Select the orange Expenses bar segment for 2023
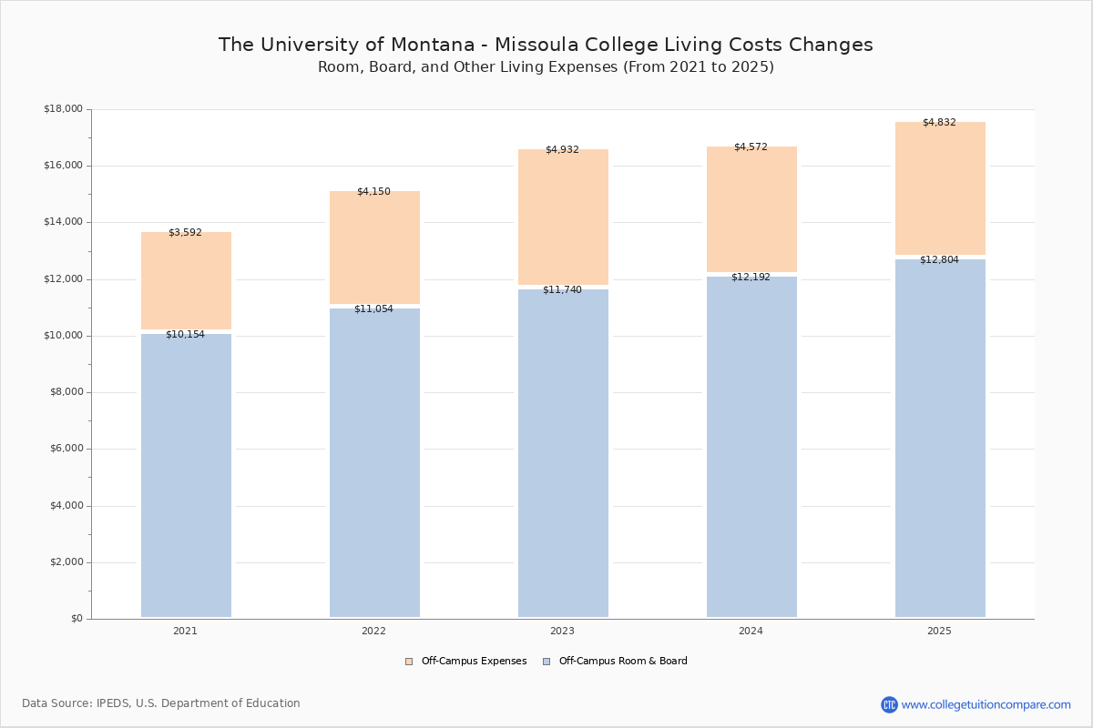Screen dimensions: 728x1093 pyautogui.click(x=563, y=218)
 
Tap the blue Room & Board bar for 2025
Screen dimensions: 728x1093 pyautogui.click(x=940, y=438)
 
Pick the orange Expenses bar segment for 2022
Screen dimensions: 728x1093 pyautogui.click(x=374, y=248)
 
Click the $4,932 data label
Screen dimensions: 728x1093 pyautogui.click(x=562, y=149)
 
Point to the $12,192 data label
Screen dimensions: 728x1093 pyautogui.click(x=751, y=277)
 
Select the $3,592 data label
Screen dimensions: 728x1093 pyautogui.click(x=185, y=232)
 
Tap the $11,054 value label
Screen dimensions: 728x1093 pyautogui.click(x=373, y=308)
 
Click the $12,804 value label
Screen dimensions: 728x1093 pyautogui.click(x=939, y=259)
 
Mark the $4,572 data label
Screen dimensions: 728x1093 pyautogui.click(x=751, y=147)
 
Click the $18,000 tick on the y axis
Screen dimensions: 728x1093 pyautogui.click(x=63, y=109)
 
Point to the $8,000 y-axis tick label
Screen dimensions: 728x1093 pyautogui.click(x=66, y=392)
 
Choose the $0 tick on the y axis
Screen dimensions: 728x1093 pyautogui.click(x=76, y=619)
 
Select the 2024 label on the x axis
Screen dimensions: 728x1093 pyautogui.click(x=751, y=631)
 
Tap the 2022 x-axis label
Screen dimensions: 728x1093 pyautogui.click(x=373, y=631)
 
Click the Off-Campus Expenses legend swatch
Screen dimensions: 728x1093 pyautogui.click(x=409, y=662)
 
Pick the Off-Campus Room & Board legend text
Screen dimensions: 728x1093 pyautogui.click(x=623, y=662)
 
